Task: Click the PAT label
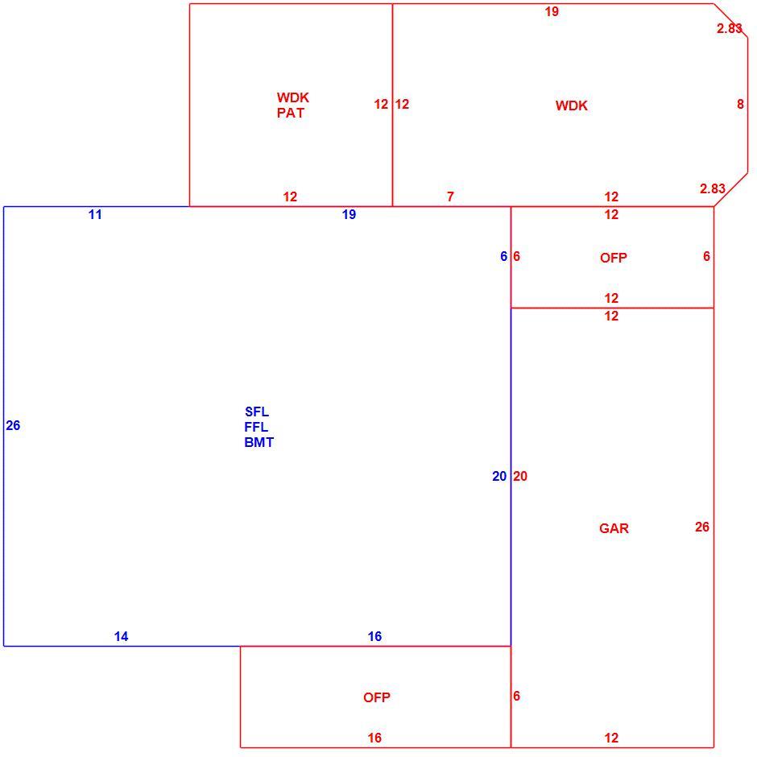pos(291,113)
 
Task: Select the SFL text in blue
pos(257,412)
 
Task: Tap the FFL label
pos(256,428)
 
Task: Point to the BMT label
pos(259,442)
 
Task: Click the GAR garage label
pos(614,528)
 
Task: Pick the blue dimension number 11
pos(95,215)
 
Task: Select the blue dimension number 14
pos(121,637)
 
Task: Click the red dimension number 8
pos(741,104)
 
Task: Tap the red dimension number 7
pos(450,197)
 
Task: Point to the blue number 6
pos(503,256)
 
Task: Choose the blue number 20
pos(499,477)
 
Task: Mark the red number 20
pos(520,477)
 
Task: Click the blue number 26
pos(13,425)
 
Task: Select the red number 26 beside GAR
pos(702,527)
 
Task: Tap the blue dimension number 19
pos(349,215)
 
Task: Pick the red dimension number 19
pos(552,11)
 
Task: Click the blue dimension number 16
pos(374,637)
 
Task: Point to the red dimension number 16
pos(374,738)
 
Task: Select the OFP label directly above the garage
pos(614,258)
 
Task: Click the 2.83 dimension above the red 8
pos(729,28)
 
